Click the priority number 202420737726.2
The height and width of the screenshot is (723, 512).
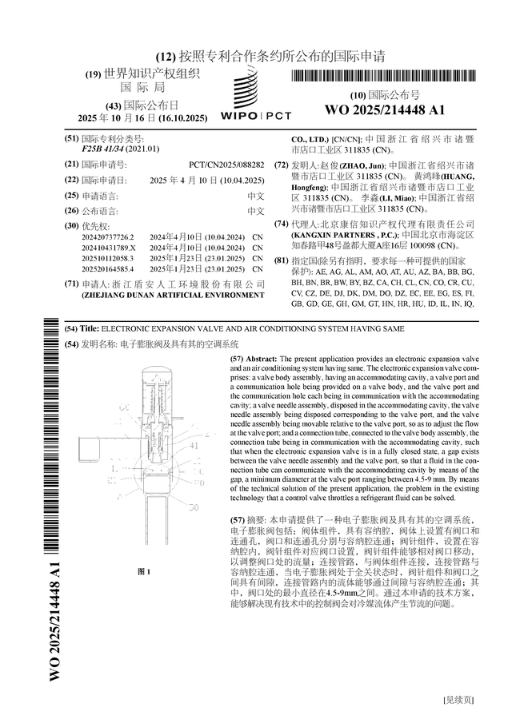pos(109,237)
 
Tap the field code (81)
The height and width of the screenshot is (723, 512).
pos(281,261)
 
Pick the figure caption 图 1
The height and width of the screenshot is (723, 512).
pos(144,571)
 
